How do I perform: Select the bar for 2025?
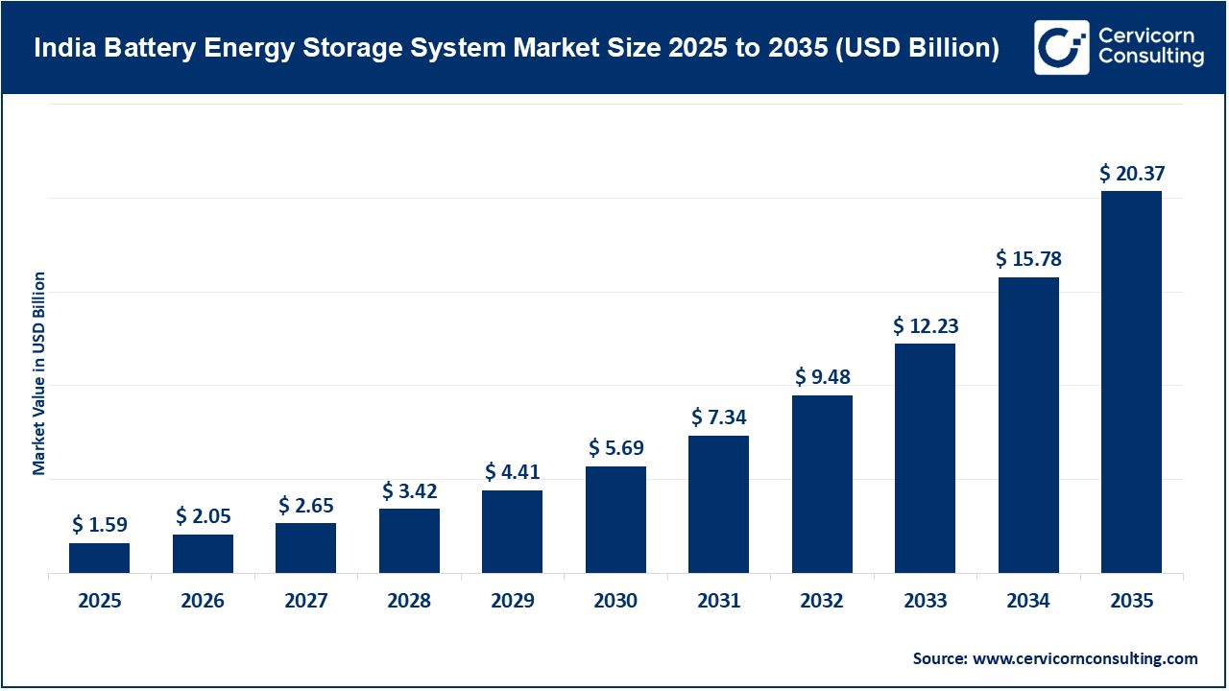[99, 559]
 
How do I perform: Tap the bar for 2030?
[615, 520]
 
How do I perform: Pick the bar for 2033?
[925, 459]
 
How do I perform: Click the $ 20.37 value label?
[1131, 174]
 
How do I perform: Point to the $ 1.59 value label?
[99, 525]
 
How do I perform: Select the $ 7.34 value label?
[718, 417]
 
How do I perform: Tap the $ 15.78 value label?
[1028, 259]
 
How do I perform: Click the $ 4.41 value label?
[512, 472]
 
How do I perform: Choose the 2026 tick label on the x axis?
[203, 602]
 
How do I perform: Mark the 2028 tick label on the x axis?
[409, 602]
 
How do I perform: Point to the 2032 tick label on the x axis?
[822, 602]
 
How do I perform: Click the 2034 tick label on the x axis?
[1028, 602]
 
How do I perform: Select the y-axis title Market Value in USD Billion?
[39, 373]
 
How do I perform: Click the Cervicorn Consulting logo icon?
[1061, 47]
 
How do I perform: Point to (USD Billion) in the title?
[918, 48]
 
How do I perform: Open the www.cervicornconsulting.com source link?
[1084, 658]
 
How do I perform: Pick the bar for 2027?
[305, 548]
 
